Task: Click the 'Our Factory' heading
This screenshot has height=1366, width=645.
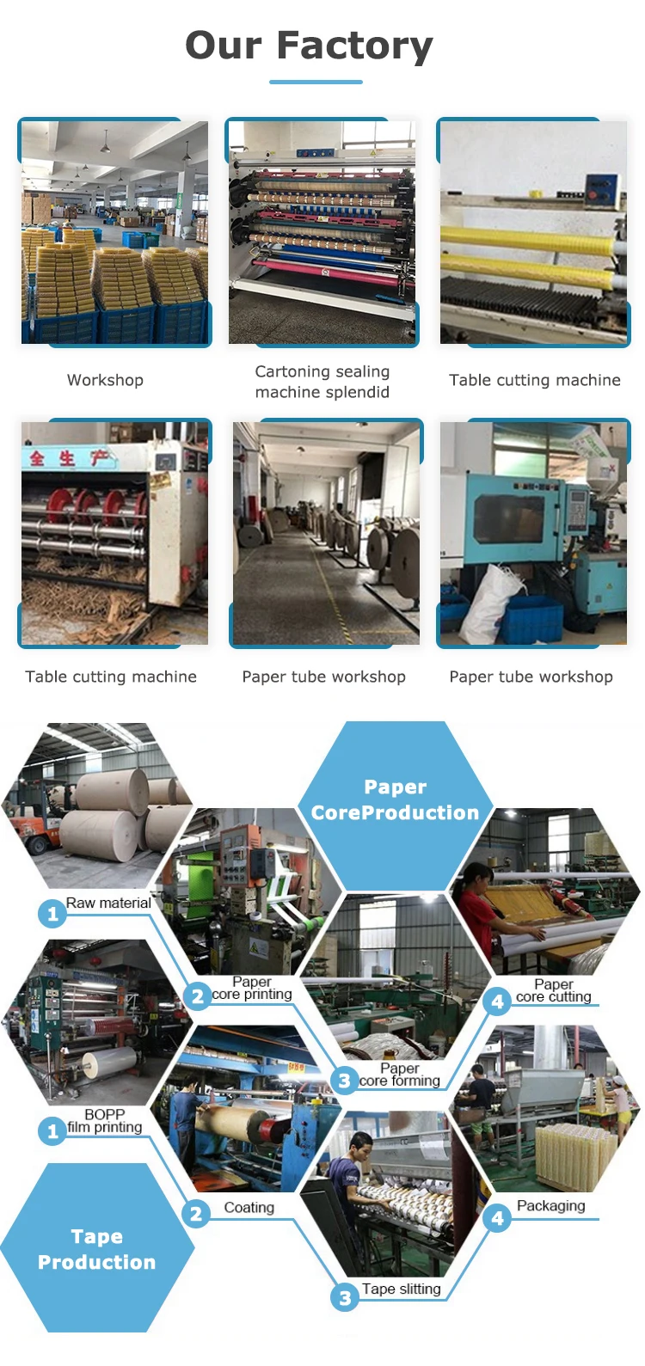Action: [x=310, y=46]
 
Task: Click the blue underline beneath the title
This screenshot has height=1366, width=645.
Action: [x=316, y=83]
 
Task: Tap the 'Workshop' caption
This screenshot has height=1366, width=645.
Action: [x=105, y=380]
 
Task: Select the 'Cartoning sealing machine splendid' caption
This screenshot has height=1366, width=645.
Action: [x=322, y=382]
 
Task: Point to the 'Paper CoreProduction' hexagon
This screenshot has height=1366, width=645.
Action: [x=395, y=800]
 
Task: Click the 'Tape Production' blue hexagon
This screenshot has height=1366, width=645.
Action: [x=97, y=1249]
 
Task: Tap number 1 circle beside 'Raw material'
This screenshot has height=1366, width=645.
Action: [x=52, y=913]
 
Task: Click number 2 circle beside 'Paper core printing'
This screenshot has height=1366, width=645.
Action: [x=198, y=996]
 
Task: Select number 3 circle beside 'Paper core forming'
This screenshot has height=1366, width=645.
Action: [x=345, y=1081]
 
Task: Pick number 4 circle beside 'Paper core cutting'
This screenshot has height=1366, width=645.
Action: [x=497, y=1001]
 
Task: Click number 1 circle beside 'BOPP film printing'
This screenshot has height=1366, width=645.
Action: [x=52, y=1130]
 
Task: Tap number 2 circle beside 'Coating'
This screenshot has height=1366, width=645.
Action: [x=196, y=1213]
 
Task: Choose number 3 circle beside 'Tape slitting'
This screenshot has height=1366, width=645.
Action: [x=345, y=1297]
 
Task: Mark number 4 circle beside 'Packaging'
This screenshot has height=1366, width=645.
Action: [x=497, y=1217]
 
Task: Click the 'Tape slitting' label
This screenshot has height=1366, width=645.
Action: [x=401, y=1289]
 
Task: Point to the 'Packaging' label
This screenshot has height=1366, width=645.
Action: [x=550, y=1206]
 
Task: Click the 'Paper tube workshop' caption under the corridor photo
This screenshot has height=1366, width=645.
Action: [x=323, y=677]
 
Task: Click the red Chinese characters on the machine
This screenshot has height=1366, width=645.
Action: [x=69, y=458]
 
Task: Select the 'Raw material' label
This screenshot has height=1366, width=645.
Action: [x=108, y=903]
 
